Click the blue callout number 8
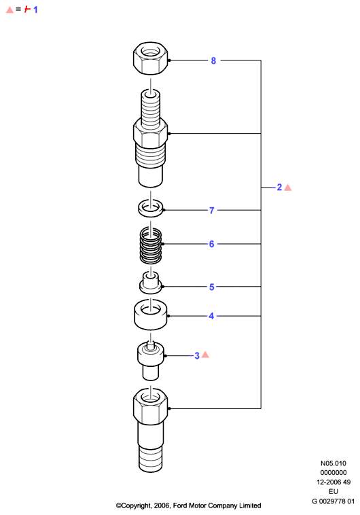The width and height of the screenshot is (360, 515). (x=213, y=60)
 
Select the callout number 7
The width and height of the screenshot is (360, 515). (x=212, y=211)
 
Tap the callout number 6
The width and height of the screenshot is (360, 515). (x=211, y=244)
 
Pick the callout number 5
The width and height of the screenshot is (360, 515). (x=212, y=287)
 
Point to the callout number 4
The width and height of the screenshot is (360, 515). (x=211, y=316)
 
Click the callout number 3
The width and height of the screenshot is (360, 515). (x=197, y=356)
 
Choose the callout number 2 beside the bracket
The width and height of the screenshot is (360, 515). (x=280, y=188)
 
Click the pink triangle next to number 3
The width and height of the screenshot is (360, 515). (x=205, y=355)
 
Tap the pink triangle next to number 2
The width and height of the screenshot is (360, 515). (x=288, y=188)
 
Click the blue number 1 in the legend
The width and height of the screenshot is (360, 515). (x=35, y=10)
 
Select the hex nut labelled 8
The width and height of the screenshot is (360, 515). (x=150, y=58)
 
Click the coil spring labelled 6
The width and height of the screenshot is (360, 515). (x=151, y=245)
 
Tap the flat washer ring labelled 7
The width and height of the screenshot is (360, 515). (x=151, y=209)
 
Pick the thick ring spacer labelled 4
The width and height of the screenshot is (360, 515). (x=150, y=315)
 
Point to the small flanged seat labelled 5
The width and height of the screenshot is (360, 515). (x=151, y=283)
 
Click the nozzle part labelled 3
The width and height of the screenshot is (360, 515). (x=150, y=361)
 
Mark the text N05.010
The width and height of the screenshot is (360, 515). (x=334, y=463)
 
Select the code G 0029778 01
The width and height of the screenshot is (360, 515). (x=333, y=501)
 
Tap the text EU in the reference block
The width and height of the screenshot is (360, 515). (x=334, y=492)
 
